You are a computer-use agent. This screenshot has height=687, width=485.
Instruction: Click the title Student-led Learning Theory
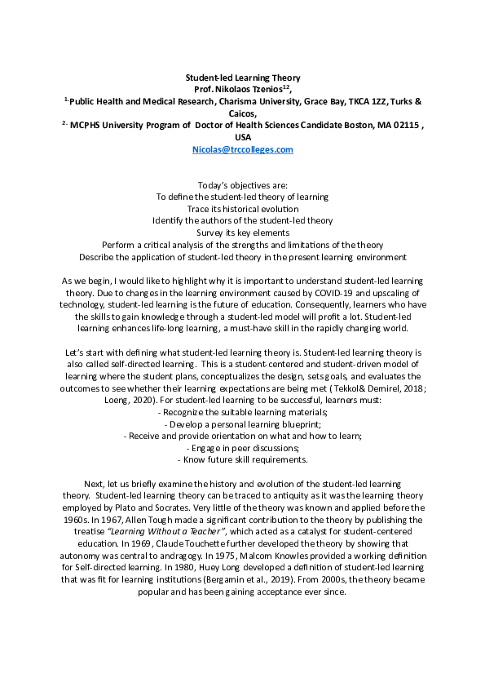click(x=242, y=78)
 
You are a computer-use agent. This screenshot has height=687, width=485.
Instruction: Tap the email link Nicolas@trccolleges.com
click(x=242, y=150)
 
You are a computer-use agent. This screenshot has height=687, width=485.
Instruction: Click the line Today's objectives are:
click(x=242, y=185)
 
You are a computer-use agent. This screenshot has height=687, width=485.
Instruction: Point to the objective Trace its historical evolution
click(x=242, y=209)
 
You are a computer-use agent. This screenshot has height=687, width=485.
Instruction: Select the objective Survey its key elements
click(x=242, y=233)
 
